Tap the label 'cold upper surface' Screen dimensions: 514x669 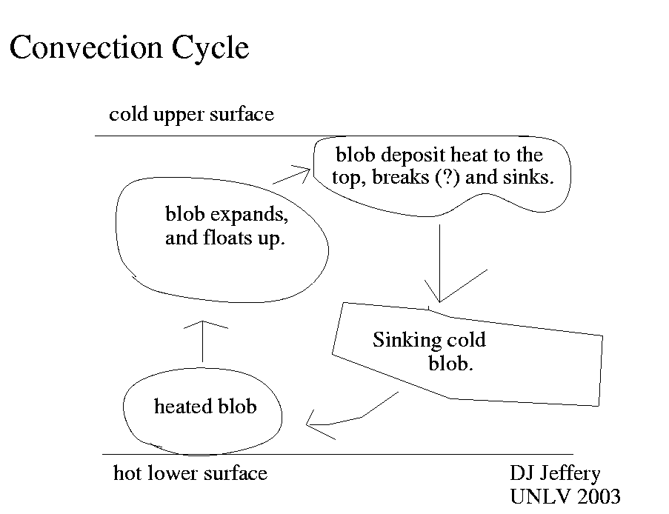[191, 115]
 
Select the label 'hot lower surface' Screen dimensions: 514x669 [190, 473]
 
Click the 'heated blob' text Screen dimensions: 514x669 [204, 407]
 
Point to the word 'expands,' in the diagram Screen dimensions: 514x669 [248, 216]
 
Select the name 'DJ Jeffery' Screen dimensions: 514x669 [555, 473]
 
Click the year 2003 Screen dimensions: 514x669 [595, 496]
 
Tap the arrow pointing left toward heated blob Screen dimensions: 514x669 [348, 419]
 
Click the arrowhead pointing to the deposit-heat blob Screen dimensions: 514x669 [300, 173]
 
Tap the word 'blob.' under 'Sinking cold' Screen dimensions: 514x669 [450, 364]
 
